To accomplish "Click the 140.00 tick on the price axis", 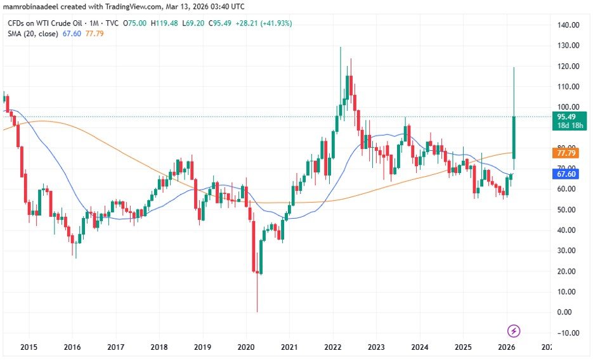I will (568, 25).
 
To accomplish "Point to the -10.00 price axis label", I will (568, 333).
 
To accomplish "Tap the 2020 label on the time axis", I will (245, 347).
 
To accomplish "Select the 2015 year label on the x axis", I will (29, 347).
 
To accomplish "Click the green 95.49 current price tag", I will (566, 117).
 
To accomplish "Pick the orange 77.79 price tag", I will (566, 153).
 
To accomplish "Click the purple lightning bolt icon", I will (514, 330).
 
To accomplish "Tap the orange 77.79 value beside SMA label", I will (94, 34).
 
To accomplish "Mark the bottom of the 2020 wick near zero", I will (257, 311).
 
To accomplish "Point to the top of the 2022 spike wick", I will (341, 48).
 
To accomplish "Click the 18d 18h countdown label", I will (566, 126).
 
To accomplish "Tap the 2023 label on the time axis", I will (376, 347).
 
